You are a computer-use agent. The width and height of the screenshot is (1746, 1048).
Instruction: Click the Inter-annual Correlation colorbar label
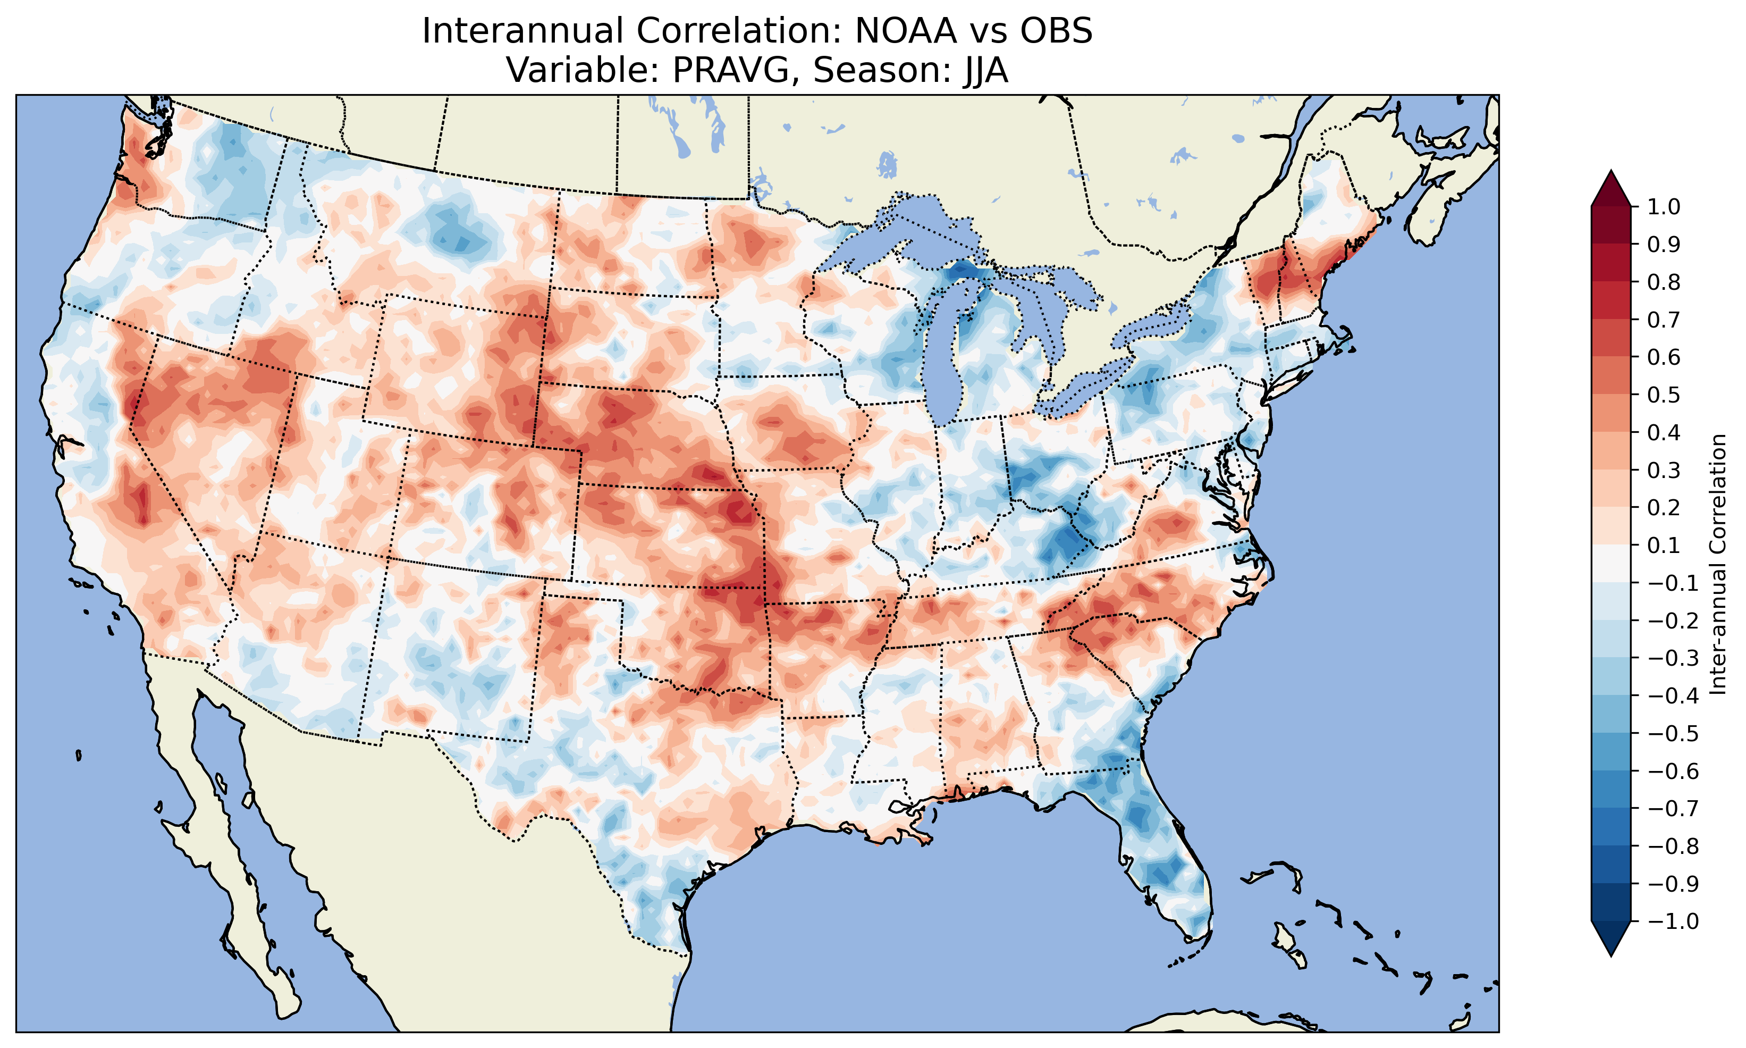1718,564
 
